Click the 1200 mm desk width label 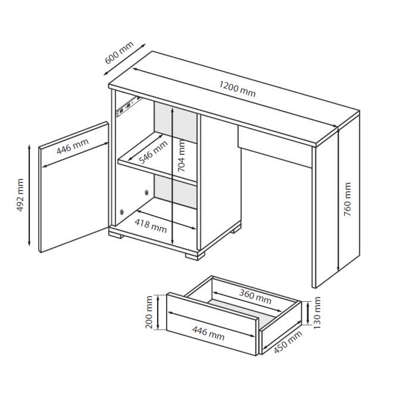[x=237, y=89]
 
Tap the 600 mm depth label [x=119, y=52]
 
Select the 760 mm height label [x=348, y=199]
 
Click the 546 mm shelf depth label [x=153, y=152]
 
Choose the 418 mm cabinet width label [x=151, y=226]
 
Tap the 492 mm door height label [x=20, y=195]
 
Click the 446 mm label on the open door [x=73, y=146]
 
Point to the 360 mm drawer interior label [x=255, y=297]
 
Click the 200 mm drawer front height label [x=149, y=312]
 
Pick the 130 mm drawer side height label [x=317, y=312]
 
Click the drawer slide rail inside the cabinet [x=129, y=107]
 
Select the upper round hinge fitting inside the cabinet [x=146, y=192]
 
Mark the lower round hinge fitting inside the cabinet [x=122, y=212]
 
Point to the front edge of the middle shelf [x=157, y=171]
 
